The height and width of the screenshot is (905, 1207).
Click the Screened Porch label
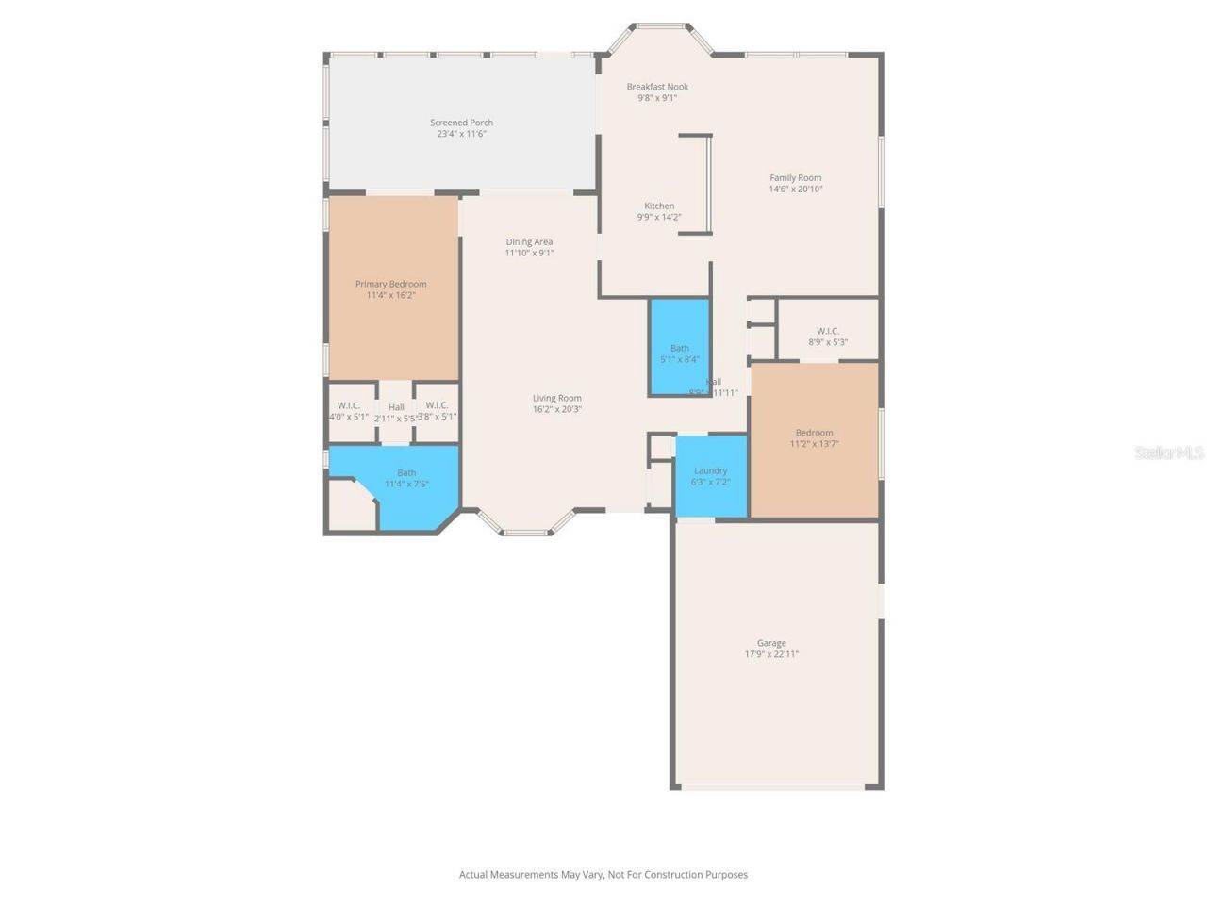pyautogui.click(x=461, y=123)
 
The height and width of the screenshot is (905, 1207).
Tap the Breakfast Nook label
pyautogui.click(x=657, y=87)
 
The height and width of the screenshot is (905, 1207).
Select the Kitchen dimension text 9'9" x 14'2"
pyautogui.click(x=659, y=218)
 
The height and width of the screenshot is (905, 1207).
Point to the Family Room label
pyautogui.click(x=795, y=177)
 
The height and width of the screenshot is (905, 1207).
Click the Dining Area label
pyautogui.click(x=529, y=242)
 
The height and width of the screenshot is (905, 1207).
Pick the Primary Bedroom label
pyautogui.click(x=390, y=284)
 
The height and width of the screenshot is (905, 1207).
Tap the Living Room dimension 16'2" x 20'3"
pyautogui.click(x=556, y=409)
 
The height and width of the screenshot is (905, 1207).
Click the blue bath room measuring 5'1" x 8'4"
pyautogui.click(x=679, y=347)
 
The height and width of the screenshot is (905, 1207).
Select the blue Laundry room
pyautogui.click(x=711, y=476)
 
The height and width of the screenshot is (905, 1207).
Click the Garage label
pyautogui.click(x=771, y=643)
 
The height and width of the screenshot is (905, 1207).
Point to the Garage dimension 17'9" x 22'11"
pyautogui.click(x=771, y=654)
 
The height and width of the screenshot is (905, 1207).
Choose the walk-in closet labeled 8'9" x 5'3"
pyautogui.click(x=827, y=337)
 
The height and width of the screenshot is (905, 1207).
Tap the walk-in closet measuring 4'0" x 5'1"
pyautogui.click(x=349, y=411)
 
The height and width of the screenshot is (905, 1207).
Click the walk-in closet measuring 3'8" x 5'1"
pyautogui.click(x=437, y=411)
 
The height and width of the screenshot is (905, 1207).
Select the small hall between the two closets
pyautogui.click(x=396, y=413)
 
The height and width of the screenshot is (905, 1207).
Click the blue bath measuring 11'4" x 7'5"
pyautogui.click(x=406, y=479)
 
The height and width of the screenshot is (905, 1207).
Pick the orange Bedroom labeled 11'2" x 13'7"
pyautogui.click(x=814, y=438)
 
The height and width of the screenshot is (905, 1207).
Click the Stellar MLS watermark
pyautogui.click(x=1168, y=453)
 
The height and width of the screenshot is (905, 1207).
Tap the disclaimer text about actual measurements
pyautogui.click(x=603, y=875)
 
